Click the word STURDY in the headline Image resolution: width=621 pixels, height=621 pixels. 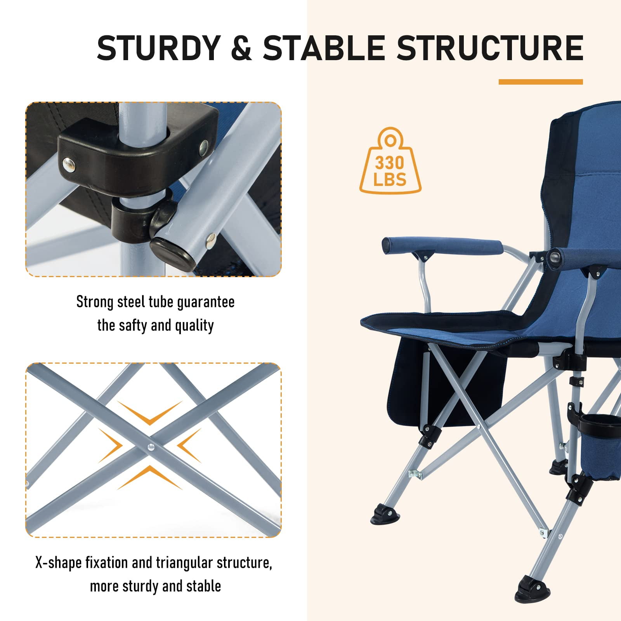coord(159,48)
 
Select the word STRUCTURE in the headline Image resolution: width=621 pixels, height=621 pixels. coord(489,48)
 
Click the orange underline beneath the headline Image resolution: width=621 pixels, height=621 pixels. coord(541,82)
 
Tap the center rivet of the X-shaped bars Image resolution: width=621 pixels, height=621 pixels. coord(151,448)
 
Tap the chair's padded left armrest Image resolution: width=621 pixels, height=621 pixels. coord(442,245)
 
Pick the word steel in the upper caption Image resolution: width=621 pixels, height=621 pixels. coord(132,302)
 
